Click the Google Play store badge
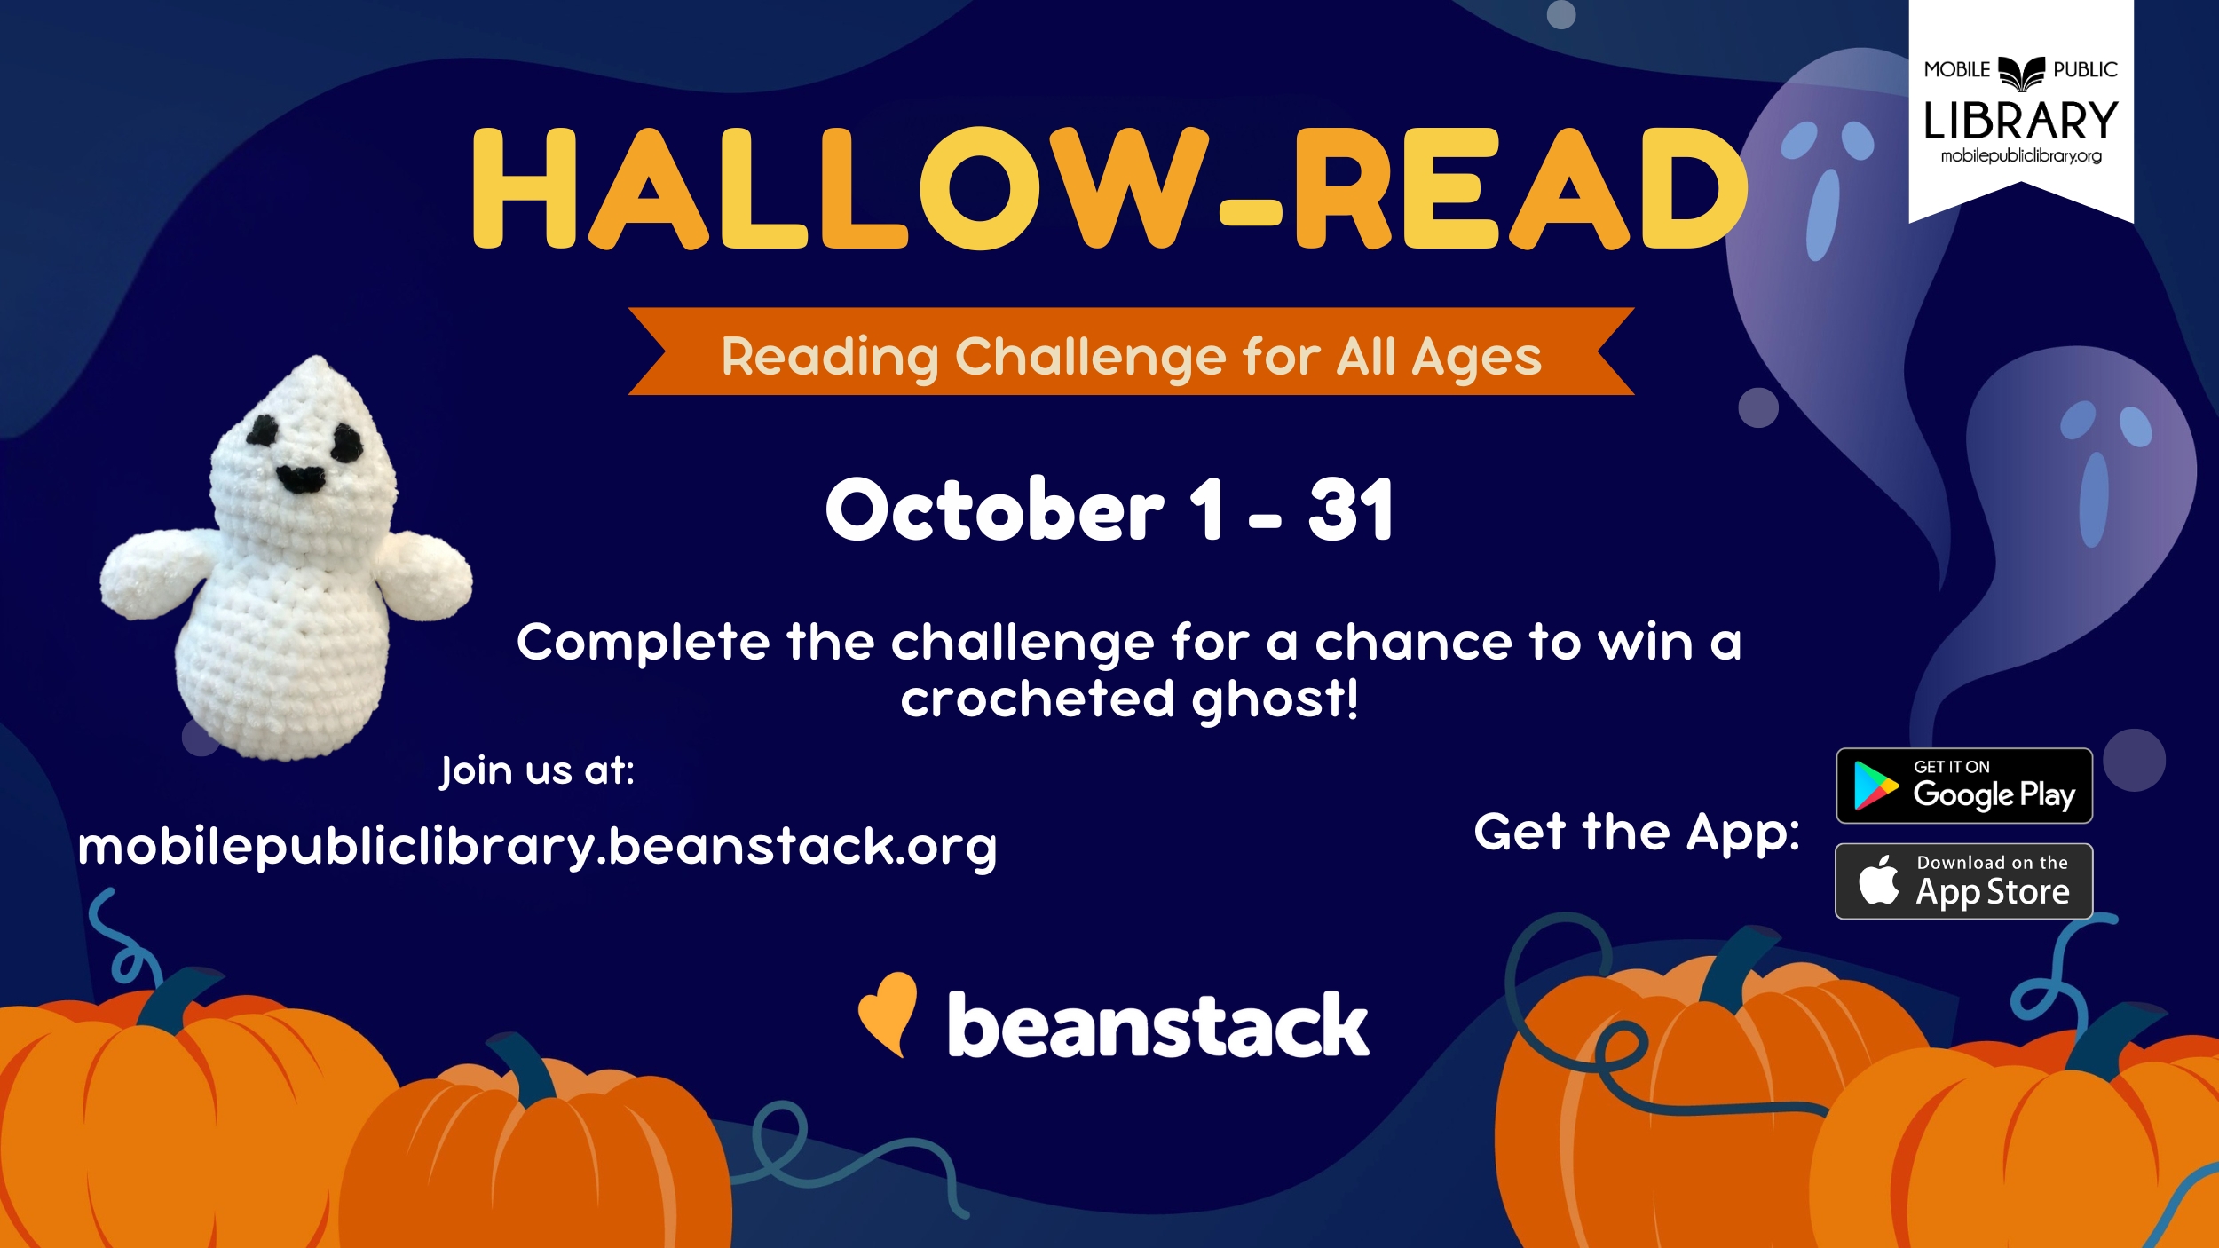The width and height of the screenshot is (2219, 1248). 1963,786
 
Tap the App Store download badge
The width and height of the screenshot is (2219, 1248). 1963,881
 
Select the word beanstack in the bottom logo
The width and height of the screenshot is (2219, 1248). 1157,1025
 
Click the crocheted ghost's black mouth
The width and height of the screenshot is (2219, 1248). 301,479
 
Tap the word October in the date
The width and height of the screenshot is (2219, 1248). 994,509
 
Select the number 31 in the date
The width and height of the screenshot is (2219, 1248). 1350,509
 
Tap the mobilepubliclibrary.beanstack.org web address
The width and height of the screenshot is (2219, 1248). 537,846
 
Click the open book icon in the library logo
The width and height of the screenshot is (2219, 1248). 2021,72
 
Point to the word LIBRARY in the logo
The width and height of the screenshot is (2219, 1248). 2020,121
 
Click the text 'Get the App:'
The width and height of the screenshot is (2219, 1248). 1637,833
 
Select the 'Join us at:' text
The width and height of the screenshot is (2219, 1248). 537,770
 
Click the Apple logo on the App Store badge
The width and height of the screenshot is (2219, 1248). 1878,881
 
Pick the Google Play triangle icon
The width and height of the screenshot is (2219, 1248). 1875,786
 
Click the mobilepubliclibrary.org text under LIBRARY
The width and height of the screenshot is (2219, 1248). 2021,156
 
